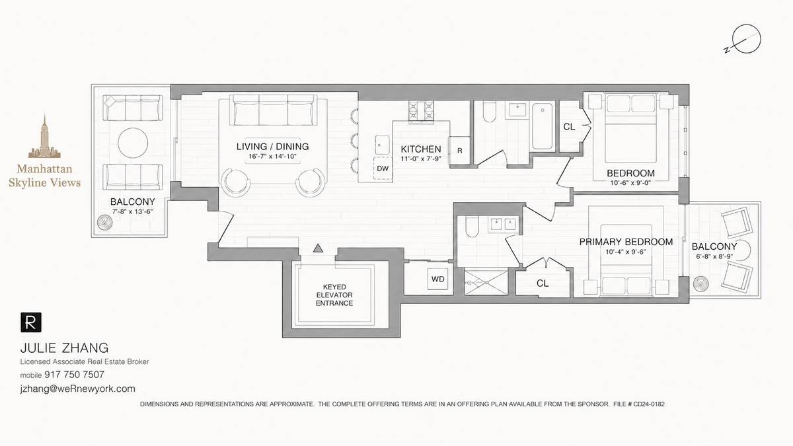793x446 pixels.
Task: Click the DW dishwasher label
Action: [x=383, y=168]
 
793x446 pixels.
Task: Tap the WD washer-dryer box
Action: [x=438, y=279]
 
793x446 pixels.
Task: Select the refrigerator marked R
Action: [x=459, y=151]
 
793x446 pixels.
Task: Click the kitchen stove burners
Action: [x=422, y=111]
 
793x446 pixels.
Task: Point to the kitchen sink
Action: [x=383, y=145]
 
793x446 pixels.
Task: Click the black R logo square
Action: [x=31, y=322]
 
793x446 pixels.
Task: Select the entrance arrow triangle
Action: [x=318, y=248]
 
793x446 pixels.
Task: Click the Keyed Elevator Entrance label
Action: [x=334, y=295]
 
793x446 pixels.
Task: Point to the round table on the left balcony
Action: [x=133, y=143]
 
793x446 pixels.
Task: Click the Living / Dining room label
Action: [x=272, y=147]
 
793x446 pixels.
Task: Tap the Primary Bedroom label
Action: [x=626, y=242]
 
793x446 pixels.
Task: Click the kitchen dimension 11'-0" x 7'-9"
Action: [x=420, y=159]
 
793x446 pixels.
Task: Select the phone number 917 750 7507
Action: [x=74, y=375]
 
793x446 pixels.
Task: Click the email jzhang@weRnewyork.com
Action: [x=77, y=389]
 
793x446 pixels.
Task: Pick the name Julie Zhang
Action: [x=65, y=348]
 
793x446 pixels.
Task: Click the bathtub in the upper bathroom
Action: [x=543, y=126]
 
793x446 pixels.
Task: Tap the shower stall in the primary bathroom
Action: [x=486, y=282]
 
